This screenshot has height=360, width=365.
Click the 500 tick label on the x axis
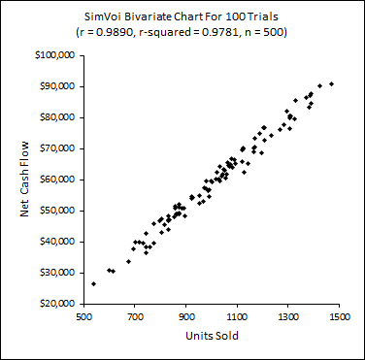[x=84, y=316]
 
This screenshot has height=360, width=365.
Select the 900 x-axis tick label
[x=186, y=316]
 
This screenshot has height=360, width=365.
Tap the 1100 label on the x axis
[x=237, y=316]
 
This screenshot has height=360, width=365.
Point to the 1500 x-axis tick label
[x=339, y=316]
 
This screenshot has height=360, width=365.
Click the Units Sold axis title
[x=212, y=336]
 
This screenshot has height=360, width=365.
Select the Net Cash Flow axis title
[x=24, y=180]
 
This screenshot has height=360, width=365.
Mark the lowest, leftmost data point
[x=93, y=283]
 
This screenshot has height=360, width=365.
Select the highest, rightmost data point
[x=331, y=83]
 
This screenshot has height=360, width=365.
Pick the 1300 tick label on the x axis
[x=288, y=316]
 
